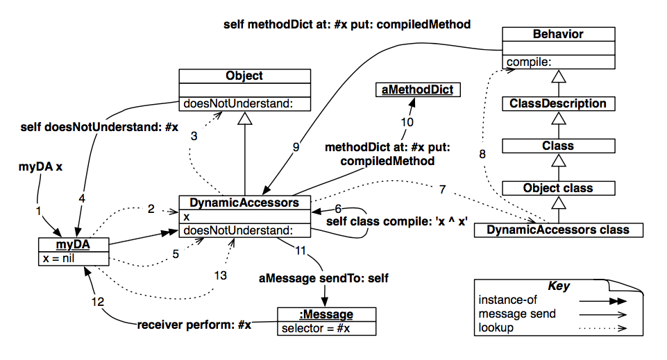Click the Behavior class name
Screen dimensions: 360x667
(x=558, y=34)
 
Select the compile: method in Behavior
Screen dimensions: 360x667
(x=527, y=62)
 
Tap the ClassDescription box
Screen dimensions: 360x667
(x=558, y=104)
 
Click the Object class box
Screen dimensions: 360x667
(x=558, y=188)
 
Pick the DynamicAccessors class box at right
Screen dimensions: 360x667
(x=558, y=230)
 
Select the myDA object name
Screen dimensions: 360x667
(x=73, y=245)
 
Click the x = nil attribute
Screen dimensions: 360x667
(x=60, y=259)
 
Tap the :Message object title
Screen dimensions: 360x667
(x=327, y=315)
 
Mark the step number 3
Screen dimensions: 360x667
(x=194, y=136)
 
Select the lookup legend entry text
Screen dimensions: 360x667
(x=496, y=327)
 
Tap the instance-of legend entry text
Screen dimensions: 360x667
(x=507, y=300)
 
